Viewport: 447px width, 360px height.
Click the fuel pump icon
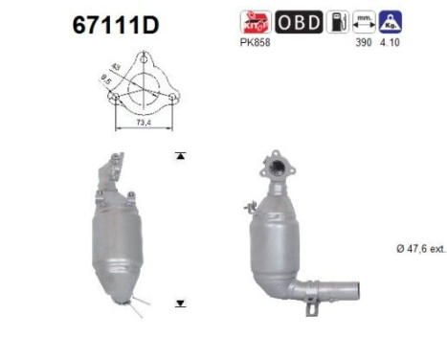tap(336, 20)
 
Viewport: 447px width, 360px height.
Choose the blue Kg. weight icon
tap(388, 20)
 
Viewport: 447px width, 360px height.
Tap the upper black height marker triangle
tap(179, 154)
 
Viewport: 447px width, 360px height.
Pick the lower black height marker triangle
tap(179, 304)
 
